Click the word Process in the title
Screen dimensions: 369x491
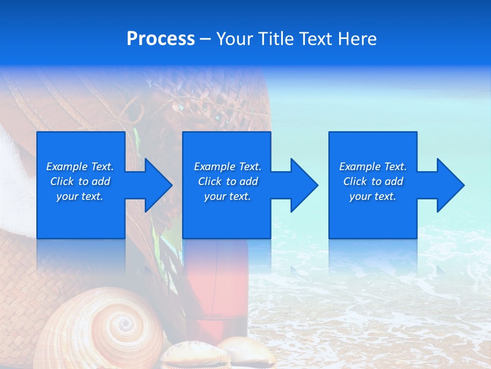pos(161,39)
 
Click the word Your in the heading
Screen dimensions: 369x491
pos(234,39)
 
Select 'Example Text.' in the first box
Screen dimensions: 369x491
pos(80,167)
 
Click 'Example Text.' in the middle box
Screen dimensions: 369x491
pos(228,167)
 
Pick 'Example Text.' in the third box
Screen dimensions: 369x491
pos(373,167)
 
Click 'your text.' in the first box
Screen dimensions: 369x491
pos(80,196)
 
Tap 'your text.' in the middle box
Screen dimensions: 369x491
pos(228,196)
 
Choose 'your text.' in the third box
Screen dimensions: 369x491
pos(373,196)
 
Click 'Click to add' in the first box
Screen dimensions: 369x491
pos(80,181)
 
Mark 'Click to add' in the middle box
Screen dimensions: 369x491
pos(228,181)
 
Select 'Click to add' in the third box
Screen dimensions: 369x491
pos(373,181)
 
